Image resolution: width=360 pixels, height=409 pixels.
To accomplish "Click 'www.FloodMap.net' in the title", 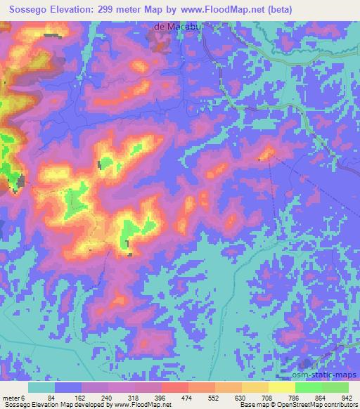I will coord(219,8).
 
